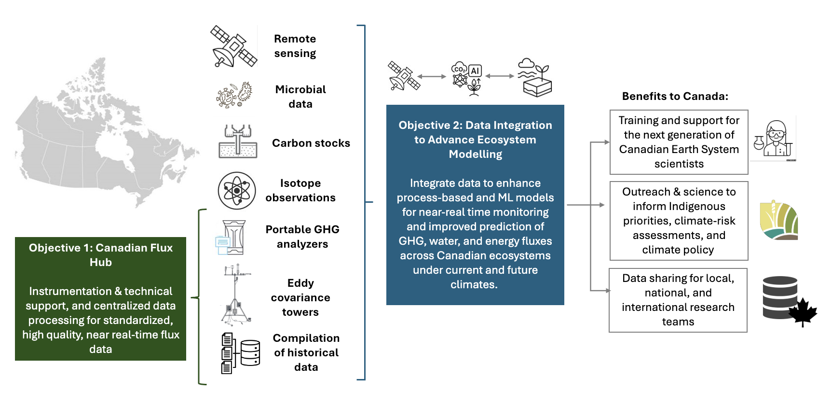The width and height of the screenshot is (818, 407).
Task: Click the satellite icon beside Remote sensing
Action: tap(233, 46)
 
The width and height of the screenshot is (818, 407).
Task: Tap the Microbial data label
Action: tap(300, 97)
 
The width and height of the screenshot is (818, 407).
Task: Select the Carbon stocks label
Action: tap(311, 143)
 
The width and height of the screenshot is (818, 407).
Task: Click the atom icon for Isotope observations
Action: tap(236, 191)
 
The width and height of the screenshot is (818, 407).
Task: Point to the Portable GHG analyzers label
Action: tap(302, 237)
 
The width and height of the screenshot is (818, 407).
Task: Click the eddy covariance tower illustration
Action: tap(236, 295)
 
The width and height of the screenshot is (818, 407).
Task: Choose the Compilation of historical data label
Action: tap(306, 352)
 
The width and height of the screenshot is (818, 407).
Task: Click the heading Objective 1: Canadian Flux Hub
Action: tap(101, 255)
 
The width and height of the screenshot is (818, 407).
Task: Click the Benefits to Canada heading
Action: tap(675, 96)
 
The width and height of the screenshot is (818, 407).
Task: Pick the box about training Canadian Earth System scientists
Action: tap(679, 142)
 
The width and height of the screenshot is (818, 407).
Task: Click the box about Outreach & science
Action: tap(679, 221)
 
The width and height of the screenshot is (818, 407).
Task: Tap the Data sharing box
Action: tap(678, 300)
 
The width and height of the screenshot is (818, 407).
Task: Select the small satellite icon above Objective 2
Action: tap(404, 76)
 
